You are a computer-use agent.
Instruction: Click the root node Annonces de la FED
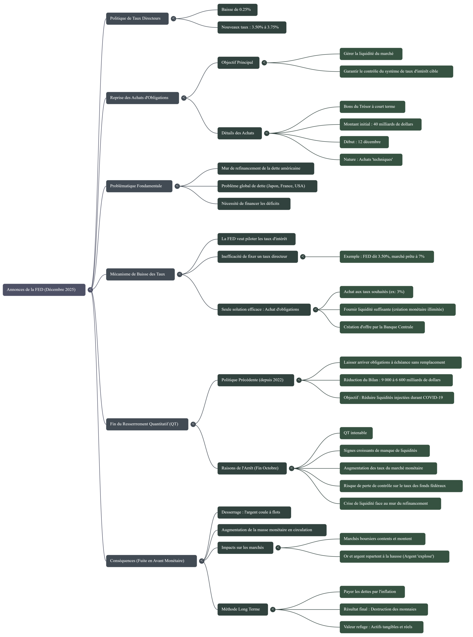click(44, 290)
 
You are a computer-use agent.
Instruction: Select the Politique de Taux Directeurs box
click(137, 19)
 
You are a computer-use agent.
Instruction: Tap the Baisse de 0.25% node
click(237, 10)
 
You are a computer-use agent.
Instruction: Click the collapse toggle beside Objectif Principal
click(264, 62)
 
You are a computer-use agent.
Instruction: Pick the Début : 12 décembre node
click(364, 142)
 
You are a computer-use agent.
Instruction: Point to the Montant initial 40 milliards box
click(380, 124)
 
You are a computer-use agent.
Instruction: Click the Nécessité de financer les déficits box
click(254, 204)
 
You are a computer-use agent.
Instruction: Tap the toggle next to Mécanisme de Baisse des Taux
click(179, 274)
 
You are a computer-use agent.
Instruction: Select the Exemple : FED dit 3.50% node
click(387, 257)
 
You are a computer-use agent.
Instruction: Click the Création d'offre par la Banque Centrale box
click(382, 327)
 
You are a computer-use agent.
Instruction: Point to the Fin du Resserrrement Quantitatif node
click(147, 424)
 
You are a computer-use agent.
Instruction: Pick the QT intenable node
click(356, 433)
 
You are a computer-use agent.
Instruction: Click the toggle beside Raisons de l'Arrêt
click(292, 468)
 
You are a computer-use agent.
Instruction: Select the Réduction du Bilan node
click(396, 380)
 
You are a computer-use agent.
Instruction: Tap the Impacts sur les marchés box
click(245, 548)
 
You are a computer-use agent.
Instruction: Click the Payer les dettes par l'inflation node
click(372, 592)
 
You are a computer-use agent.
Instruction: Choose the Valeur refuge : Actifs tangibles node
click(381, 627)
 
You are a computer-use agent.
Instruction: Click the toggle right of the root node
click(90, 290)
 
